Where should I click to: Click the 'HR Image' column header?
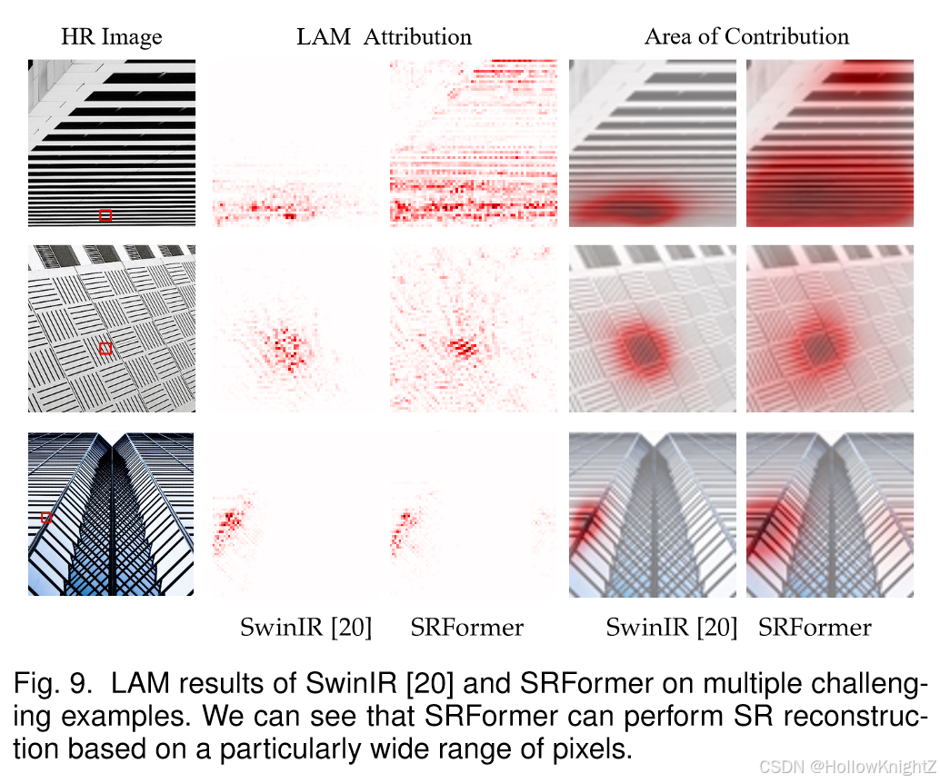click(x=111, y=37)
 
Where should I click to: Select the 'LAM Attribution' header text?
click(x=384, y=37)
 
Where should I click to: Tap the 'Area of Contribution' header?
click(x=746, y=36)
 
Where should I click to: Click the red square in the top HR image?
click(x=105, y=215)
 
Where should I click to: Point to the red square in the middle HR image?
click(x=105, y=349)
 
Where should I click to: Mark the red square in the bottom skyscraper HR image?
click(x=46, y=517)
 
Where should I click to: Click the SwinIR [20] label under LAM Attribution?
click(x=305, y=627)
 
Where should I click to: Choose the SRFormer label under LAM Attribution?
click(x=466, y=627)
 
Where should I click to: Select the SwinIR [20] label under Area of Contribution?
click(x=671, y=627)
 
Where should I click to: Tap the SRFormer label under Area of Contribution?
click(x=815, y=627)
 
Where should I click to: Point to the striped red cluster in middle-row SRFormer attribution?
click(x=463, y=346)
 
